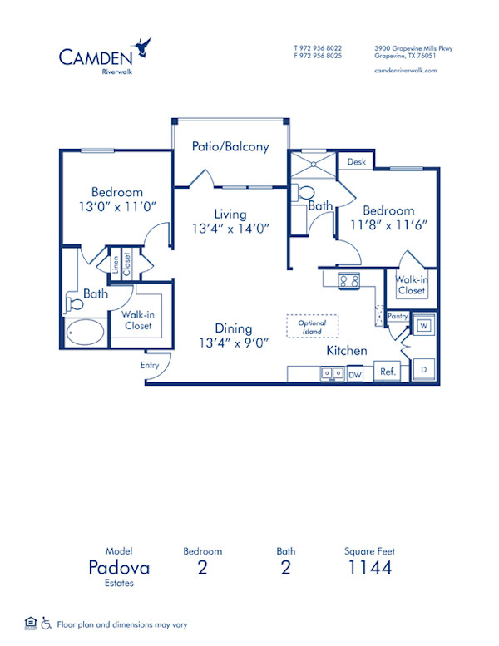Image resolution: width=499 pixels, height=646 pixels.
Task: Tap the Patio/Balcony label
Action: pos(230,147)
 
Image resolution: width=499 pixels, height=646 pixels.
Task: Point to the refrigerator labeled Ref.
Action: pos(387,372)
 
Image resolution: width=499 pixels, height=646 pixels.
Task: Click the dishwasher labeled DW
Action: pos(356,374)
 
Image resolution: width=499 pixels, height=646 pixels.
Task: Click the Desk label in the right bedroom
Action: pos(358,162)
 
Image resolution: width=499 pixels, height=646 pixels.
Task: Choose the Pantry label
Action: pos(398,316)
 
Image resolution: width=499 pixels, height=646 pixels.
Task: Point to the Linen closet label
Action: pos(115,264)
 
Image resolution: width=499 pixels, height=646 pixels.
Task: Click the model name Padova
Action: pos(120,568)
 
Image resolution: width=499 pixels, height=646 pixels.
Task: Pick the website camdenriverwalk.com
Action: pos(406,71)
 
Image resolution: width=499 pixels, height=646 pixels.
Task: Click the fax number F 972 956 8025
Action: pos(318,57)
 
